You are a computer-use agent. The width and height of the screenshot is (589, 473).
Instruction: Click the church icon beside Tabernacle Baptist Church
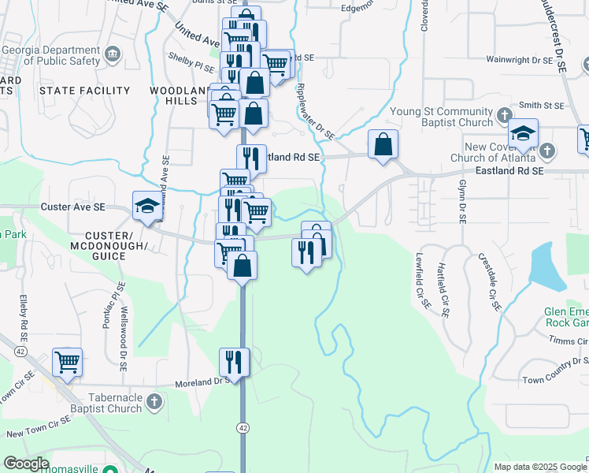[154, 402]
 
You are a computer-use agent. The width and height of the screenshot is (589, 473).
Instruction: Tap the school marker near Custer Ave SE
[147, 207]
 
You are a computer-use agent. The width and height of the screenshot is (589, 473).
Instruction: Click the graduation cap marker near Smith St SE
[522, 135]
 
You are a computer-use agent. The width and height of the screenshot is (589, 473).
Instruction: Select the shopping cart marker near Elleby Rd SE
[68, 363]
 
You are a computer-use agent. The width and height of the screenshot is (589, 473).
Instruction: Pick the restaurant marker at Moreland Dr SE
[235, 362]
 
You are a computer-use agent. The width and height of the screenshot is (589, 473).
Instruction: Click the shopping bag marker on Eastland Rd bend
[383, 145]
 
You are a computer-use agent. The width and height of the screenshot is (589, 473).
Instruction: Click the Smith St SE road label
[543, 105]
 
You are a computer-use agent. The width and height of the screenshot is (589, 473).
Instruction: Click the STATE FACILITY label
[84, 91]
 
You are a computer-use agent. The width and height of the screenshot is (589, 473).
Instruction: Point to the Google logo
[26, 464]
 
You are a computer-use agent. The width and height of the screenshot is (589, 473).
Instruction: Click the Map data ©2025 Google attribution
[539, 467]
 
